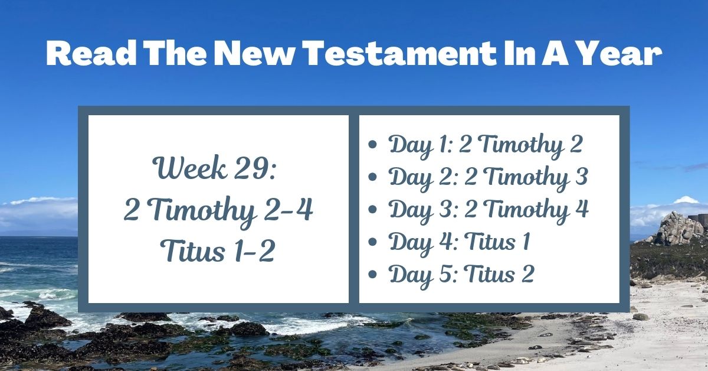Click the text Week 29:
218,170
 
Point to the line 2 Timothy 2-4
218,210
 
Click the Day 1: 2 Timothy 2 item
486,145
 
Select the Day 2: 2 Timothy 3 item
489,177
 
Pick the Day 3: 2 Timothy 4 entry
489,209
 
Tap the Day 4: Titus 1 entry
459,242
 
